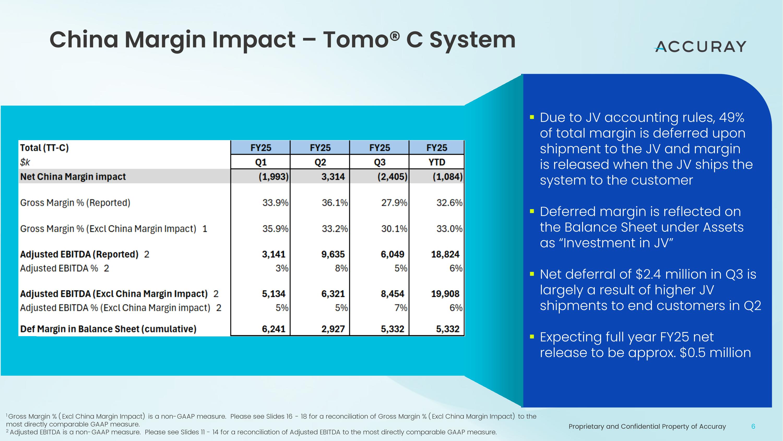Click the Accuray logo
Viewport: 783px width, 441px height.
click(x=700, y=47)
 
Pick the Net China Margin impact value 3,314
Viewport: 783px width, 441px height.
click(x=333, y=177)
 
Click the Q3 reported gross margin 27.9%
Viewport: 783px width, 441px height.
click(x=394, y=203)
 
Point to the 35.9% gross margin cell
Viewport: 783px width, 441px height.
click(x=275, y=228)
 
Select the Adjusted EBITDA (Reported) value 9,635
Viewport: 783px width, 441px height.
click(x=333, y=254)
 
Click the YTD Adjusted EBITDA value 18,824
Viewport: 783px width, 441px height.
click(x=445, y=254)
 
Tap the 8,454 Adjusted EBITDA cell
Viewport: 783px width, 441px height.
click(x=392, y=294)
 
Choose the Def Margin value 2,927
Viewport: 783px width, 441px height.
click(x=333, y=329)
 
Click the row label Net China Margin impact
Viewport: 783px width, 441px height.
click(x=73, y=177)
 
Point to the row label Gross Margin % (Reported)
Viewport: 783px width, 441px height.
click(x=75, y=203)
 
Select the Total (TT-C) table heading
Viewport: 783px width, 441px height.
click(x=44, y=148)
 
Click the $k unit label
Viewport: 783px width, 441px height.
click(x=25, y=162)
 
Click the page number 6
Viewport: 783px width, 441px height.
click(x=753, y=426)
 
